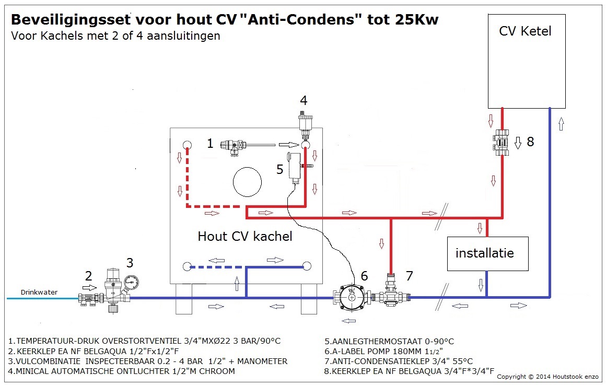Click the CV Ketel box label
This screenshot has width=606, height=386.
point(525,31)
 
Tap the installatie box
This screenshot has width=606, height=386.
point(485,253)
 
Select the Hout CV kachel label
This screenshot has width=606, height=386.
point(245,236)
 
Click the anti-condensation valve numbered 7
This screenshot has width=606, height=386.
point(391,294)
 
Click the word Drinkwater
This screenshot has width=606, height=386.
point(39,292)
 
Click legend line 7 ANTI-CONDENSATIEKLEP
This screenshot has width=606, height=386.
point(399,361)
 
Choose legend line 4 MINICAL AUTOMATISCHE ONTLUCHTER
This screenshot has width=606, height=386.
point(121,371)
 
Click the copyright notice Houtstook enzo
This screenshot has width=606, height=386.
point(548,376)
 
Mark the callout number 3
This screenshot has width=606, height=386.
point(130,263)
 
